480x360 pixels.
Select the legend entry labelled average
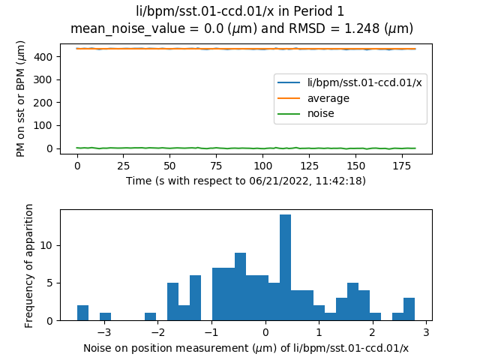[x=328, y=98]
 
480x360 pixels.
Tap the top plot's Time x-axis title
[x=244, y=181]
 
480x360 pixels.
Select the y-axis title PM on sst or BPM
[x=22, y=98]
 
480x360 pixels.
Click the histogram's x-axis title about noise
[x=245, y=348]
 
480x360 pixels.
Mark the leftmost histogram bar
[x=82, y=313]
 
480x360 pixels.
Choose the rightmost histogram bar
[x=409, y=309]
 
